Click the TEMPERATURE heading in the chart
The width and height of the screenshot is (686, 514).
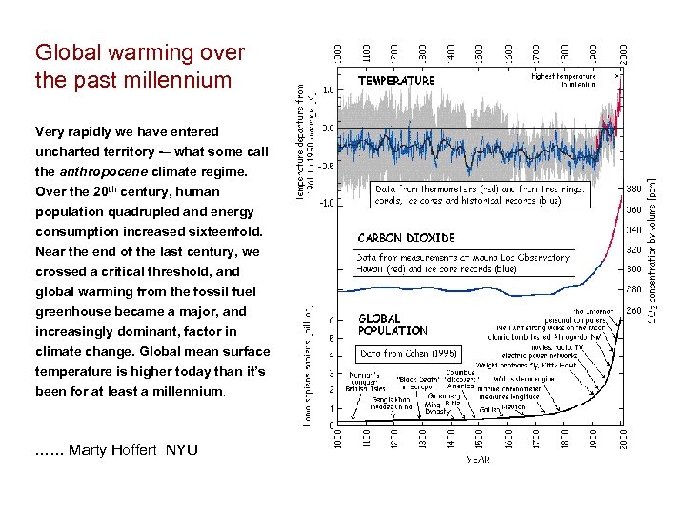[396, 82]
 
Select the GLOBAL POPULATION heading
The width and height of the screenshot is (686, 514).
[393, 325]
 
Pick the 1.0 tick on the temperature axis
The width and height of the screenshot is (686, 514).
[327, 90]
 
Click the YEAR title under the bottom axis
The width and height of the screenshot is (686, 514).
[476, 461]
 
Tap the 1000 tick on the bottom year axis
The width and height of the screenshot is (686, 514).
[333, 441]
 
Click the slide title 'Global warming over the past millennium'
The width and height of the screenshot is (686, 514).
[140, 67]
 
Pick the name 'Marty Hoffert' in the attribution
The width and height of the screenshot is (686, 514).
[114, 449]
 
